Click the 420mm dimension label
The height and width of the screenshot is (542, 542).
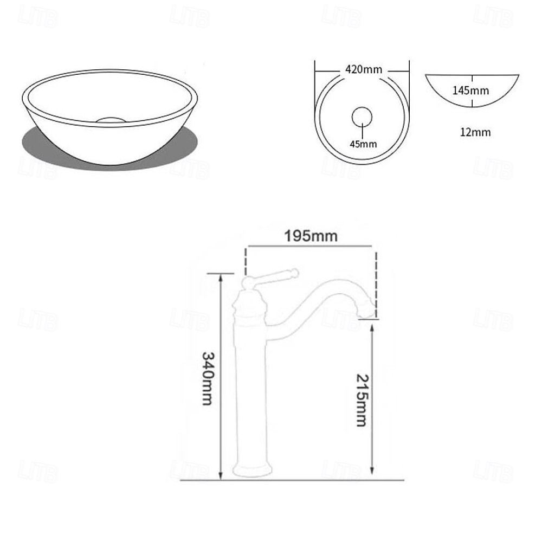pyautogui.click(x=364, y=69)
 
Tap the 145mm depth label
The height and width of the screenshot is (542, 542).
pyautogui.click(x=471, y=91)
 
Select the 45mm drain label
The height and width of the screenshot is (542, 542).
pyautogui.click(x=363, y=144)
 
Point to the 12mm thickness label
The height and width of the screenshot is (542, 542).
pyautogui.click(x=475, y=132)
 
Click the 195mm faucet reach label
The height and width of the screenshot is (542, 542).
pyautogui.click(x=311, y=236)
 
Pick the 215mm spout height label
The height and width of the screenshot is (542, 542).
pyautogui.click(x=363, y=401)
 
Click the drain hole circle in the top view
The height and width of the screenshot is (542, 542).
pyautogui.click(x=362, y=117)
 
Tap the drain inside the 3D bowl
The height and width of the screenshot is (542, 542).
pyautogui.click(x=111, y=120)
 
